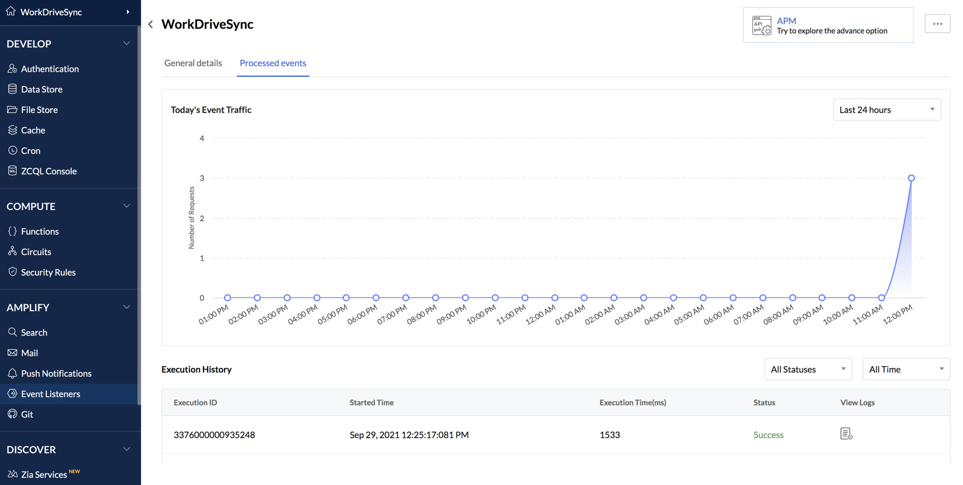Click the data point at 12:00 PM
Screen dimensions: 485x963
(911, 178)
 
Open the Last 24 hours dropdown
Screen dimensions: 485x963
(886, 110)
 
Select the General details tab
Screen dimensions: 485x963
(193, 63)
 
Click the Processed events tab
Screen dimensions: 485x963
(273, 63)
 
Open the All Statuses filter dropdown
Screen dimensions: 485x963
(808, 369)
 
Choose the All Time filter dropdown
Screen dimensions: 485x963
(906, 369)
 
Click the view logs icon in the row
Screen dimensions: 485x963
(846, 434)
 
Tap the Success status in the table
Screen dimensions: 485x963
(768, 435)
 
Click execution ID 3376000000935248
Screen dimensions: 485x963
(214, 435)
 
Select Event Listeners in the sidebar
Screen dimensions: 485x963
(50, 394)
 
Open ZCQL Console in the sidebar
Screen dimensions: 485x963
(49, 171)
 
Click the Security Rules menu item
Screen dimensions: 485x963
(48, 272)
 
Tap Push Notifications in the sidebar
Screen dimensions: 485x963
(56, 373)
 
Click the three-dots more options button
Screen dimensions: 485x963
(937, 24)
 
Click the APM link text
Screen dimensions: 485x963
(786, 20)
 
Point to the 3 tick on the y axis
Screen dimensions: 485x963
(202, 178)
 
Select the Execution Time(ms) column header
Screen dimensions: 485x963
(633, 403)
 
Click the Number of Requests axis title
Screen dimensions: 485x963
(192, 218)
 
